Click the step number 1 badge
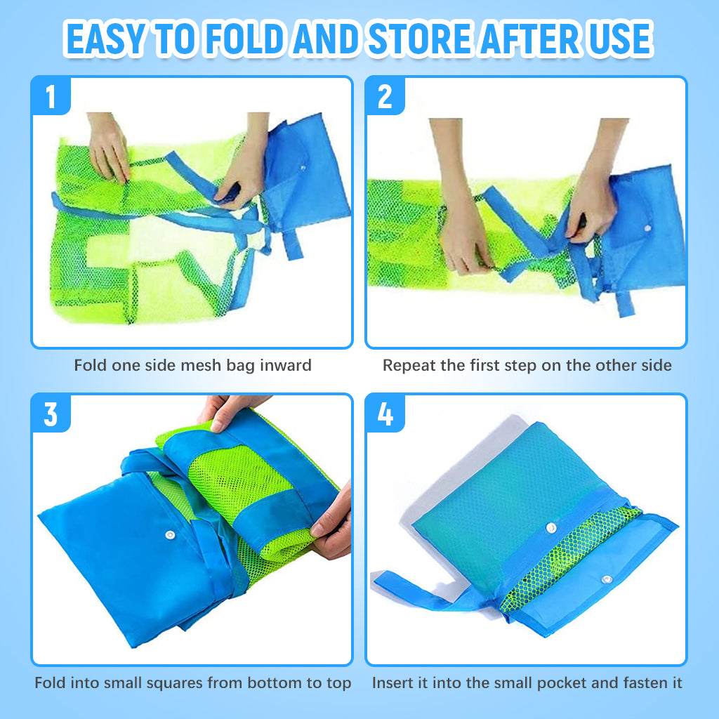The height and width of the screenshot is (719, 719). click(x=51, y=95)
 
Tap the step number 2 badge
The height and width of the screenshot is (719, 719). click(x=385, y=96)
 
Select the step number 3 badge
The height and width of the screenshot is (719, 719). click(x=51, y=414)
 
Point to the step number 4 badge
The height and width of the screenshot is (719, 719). click(x=385, y=414)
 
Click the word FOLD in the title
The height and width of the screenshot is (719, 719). click(x=244, y=39)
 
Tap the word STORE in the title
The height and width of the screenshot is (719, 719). click(x=421, y=39)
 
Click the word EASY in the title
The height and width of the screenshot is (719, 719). click(x=106, y=39)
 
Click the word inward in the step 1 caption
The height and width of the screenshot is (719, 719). click(x=285, y=365)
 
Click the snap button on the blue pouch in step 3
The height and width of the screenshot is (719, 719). click(x=170, y=534)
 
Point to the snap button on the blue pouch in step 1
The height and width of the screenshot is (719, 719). click(x=303, y=168)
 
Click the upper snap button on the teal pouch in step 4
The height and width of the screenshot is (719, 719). click(x=551, y=528)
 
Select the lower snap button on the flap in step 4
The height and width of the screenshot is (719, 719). click(x=607, y=580)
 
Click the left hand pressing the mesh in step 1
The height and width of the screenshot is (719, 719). click(x=108, y=147)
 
